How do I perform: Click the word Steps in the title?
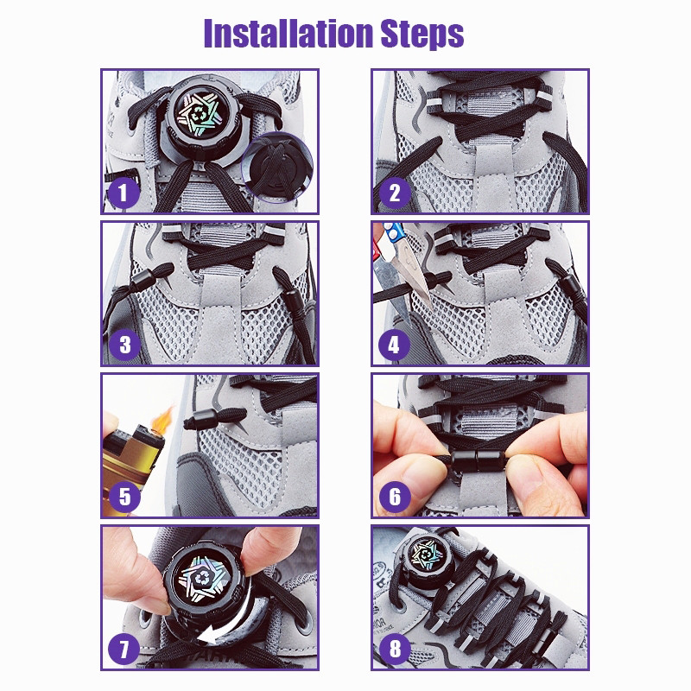click(422, 35)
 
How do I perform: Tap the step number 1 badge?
click(123, 193)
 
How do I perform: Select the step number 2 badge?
click(395, 193)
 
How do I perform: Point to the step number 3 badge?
click(124, 345)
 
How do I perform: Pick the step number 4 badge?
click(394, 345)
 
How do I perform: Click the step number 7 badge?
click(124, 650)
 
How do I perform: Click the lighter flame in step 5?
click(162, 418)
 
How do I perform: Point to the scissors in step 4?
click(400, 260)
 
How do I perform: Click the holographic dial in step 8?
click(425, 555)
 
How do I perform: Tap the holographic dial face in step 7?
click(203, 577)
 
